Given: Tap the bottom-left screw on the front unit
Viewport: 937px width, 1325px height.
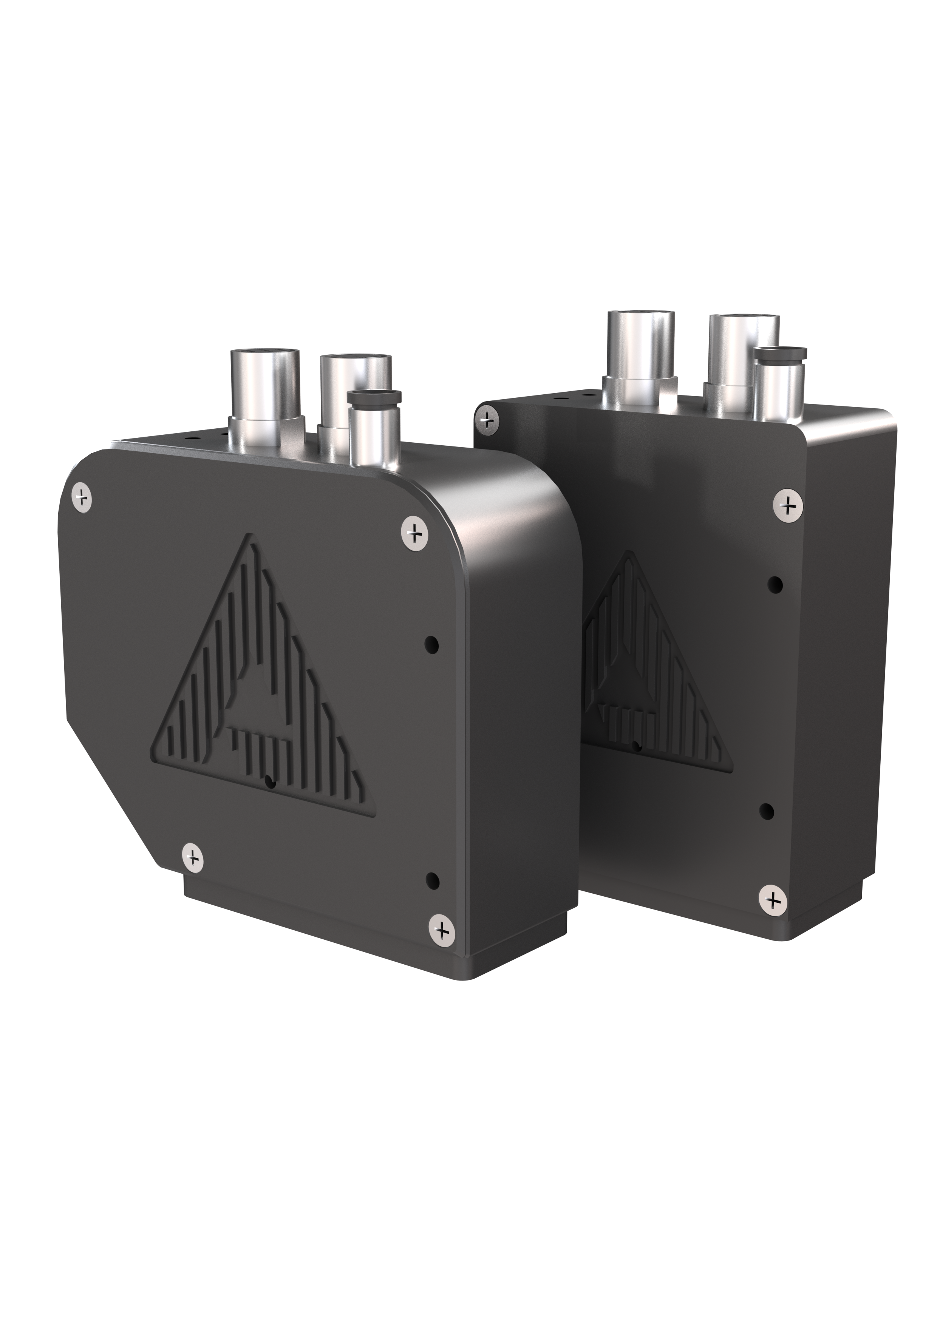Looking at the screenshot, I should pyautogui.click(x=193, y=857).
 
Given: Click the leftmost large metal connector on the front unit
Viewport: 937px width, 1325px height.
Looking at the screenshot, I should pyautogui.click(x=266, y=392).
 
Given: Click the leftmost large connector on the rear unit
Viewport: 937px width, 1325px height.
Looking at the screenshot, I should pyautogui.click(x=640, y=352).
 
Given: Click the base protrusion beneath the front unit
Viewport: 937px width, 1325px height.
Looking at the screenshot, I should pyautogui.click(x=323, y=935).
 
